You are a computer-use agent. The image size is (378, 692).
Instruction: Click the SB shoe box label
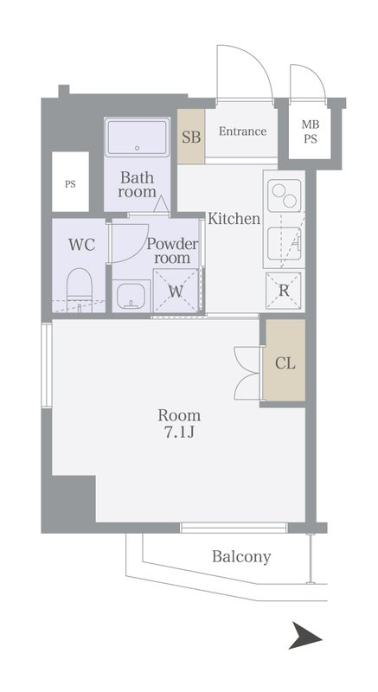[191, 138]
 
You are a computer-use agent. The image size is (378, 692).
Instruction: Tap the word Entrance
[242, 131]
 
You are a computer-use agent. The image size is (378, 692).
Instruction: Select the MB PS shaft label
[310, 132]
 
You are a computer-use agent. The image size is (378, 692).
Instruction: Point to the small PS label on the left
[71, 184]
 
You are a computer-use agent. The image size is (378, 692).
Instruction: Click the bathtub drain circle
[138, 148]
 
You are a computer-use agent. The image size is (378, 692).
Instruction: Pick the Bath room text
[138, 185]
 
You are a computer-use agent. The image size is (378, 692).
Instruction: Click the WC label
[81, 245]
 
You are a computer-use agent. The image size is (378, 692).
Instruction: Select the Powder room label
[172, 250]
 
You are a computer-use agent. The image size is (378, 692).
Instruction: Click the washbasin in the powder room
[130, 296]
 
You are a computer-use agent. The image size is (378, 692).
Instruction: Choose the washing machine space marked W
[176, 292]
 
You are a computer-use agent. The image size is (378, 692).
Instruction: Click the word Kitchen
[234, 219]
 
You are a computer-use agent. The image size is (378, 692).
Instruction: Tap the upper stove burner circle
[279, 191]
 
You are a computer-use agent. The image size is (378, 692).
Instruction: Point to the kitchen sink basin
[284, 244]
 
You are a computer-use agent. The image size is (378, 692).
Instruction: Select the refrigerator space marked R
[284, 291]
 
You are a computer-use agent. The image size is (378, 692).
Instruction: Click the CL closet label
[285, 363]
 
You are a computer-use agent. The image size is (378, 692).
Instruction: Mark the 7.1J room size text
[180, 432]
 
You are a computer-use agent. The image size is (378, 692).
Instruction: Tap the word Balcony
[241, 557]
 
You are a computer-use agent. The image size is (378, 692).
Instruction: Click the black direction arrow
[305, 635]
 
